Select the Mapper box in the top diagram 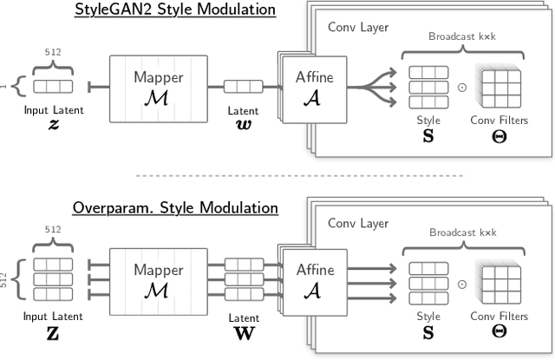pyautogui.click(x=158, y=87)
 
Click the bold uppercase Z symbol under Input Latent pyautogui.click(x=54, y=331)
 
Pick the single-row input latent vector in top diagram pyautogui.click(x=54, y=87)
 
